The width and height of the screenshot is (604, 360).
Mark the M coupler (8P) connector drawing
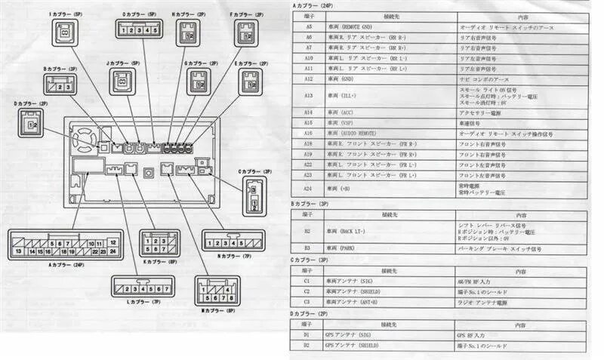217,291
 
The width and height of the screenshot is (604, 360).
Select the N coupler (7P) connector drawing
236,244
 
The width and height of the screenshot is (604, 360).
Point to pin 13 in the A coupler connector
18,251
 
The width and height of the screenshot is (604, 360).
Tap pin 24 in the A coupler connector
112,251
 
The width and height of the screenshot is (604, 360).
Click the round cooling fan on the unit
85,140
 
